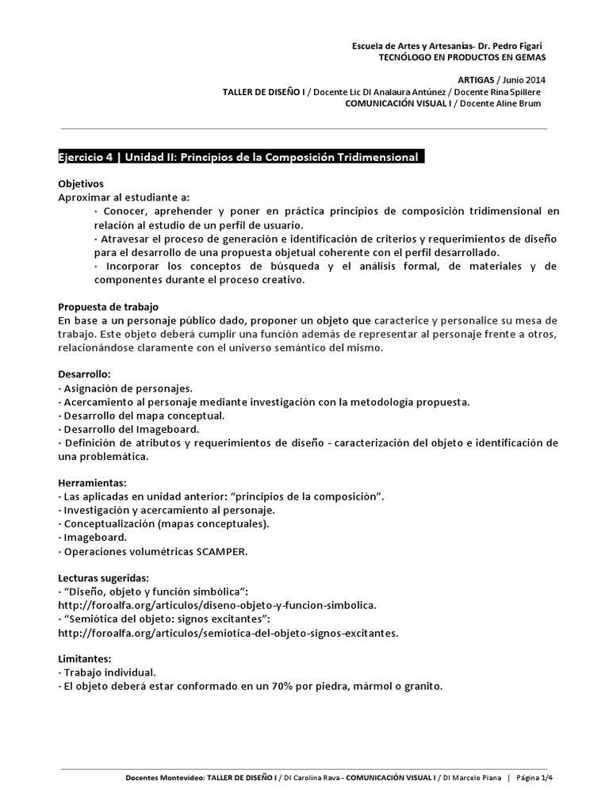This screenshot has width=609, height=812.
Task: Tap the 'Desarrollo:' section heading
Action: (85, 374)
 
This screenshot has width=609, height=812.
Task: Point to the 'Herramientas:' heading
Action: (93, 482)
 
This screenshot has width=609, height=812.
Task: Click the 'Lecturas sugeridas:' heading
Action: (104, 577)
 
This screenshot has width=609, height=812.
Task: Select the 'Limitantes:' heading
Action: (85, 658)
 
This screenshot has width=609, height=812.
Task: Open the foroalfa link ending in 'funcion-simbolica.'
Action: (217, 605)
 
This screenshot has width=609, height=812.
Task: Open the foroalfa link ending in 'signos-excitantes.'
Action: (228, 633)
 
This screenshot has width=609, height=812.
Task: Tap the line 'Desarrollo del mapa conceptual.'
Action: (144, 416)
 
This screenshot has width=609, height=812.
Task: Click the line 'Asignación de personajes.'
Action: (127, 389)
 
